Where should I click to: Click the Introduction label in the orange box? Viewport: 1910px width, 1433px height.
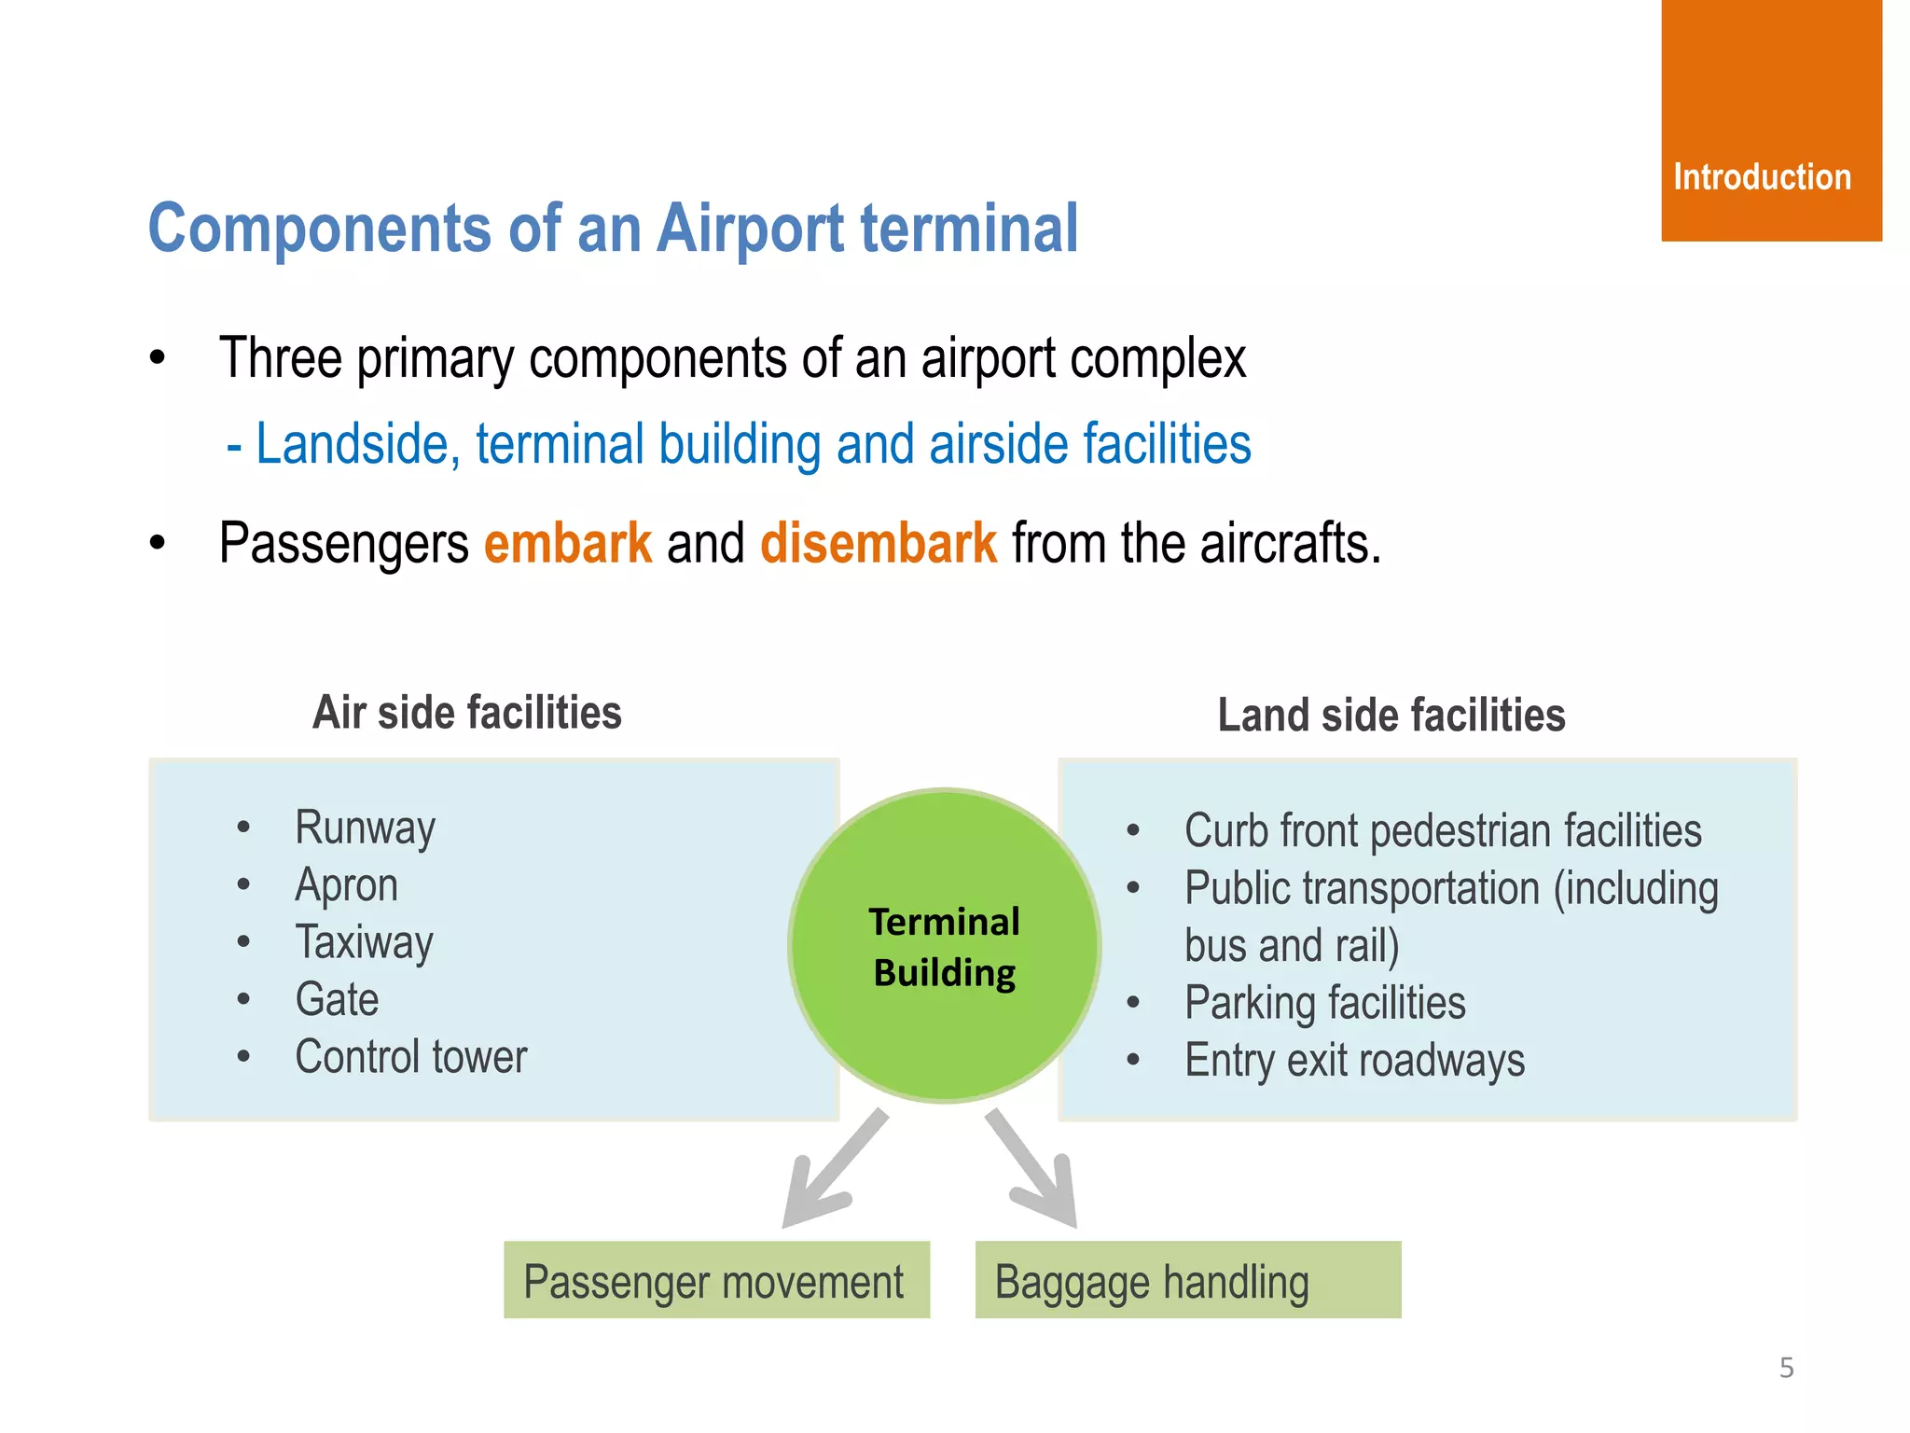point(1762,177)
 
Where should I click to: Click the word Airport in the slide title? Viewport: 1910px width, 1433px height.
point(750,229)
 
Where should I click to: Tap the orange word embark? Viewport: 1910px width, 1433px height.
point(567,543)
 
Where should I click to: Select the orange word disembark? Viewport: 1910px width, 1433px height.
point(879,543)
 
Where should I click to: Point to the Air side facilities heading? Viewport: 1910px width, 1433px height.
point(466,713)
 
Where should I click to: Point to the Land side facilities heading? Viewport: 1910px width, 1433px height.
point(1391,716)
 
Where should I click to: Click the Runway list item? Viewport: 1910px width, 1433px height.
point(365,828)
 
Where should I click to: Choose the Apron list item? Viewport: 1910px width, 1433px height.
point(346,885)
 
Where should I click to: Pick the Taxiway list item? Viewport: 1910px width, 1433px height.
point(364,942)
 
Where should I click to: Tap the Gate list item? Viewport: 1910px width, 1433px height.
point(337,1000)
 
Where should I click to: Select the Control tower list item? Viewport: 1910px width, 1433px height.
point(410,1057)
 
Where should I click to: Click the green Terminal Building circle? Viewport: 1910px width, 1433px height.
point(944,946)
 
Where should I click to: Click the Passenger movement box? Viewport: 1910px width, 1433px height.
point(715,1280)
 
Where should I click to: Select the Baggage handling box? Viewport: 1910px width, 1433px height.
point(1187,1280)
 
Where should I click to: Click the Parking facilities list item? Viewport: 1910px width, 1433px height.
point(1324,1004)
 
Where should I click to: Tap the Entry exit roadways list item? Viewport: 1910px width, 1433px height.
point(1354,1061)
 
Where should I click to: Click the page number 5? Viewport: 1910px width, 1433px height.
point(1786,1368)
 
